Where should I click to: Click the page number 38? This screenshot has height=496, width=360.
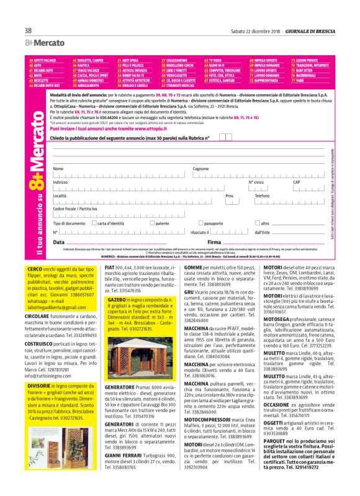point(29,30)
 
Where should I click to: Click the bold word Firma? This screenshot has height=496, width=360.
point(214,241)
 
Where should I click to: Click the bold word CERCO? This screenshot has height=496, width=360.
point(35,268)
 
